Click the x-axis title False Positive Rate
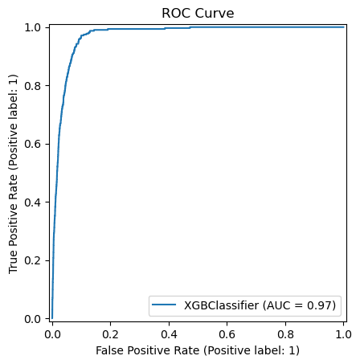[197, 351]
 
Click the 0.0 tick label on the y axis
[35, 318]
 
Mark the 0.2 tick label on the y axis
[35, 260]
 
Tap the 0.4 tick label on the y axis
[35, 202]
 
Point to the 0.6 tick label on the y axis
[35, 144]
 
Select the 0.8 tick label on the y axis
[35, 85]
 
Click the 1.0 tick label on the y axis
[35, 27]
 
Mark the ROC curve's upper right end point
[343, 27]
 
